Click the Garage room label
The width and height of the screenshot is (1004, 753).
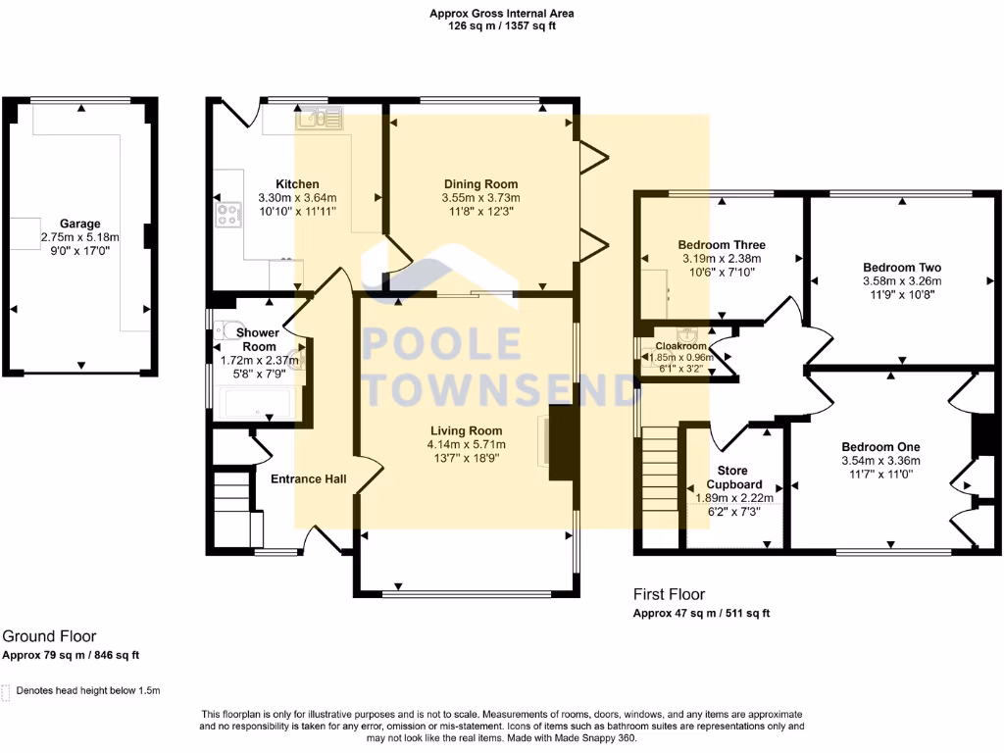pyautogui.click(x=79, y=224)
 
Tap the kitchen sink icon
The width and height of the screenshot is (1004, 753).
pyautogui.click(x=318, y=118)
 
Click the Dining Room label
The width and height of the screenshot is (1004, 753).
pyautogui.click(x=480, y=184)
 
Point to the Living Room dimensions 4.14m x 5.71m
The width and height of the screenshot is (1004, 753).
pyautogui.click(x=466, y=444)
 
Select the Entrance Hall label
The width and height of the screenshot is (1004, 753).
pyautogui.click(x=304, y=478)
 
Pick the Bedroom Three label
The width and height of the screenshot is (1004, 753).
pyautogui.click(x=722, y=245)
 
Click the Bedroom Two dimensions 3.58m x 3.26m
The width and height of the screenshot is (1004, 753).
pyautogui.click(x=902, y=280)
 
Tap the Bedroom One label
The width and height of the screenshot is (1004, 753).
pyautogui.click(x=880, y=447)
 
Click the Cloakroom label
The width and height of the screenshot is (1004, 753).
pyautogui.click(x=681, y=346)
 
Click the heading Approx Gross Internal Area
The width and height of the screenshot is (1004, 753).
pyautogui.click(x=502, y=14)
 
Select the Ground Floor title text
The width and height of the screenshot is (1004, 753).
pyautogui.click(x=49, y=636)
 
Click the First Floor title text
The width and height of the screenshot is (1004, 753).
pyautogui.click(x=669, y=594)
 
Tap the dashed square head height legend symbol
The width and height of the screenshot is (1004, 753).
pyautogui.click(x=7, y=691)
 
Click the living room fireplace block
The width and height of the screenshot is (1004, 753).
pyautogui.click(x=561, y=443)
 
